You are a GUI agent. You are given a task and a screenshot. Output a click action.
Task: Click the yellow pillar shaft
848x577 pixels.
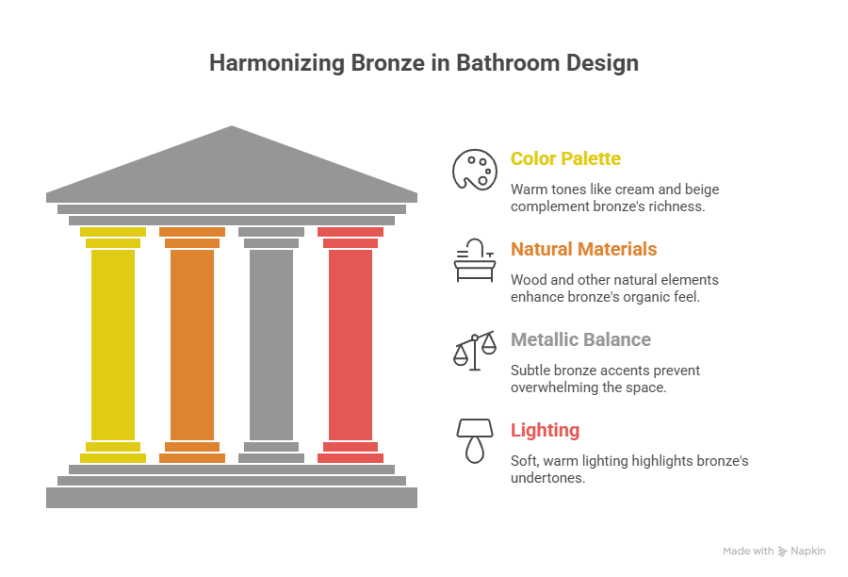[113, 344]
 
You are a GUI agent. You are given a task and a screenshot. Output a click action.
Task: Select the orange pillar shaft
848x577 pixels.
[192, 344]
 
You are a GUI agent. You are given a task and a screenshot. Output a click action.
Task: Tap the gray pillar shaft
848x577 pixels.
[271, 344]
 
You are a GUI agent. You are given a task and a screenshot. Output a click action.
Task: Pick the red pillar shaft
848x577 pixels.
[351, 344]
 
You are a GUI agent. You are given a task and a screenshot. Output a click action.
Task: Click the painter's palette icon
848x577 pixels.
[474, 171]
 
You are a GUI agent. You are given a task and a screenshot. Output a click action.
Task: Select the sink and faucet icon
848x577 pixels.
[474, 260]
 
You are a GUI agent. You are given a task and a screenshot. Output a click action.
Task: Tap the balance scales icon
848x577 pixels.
[474, 351]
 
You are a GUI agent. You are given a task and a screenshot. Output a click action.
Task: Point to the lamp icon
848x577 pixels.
[474, 440]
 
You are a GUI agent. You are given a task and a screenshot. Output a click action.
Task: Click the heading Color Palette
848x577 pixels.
[565, 158]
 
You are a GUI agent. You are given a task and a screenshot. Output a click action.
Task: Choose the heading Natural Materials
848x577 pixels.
[583, 249]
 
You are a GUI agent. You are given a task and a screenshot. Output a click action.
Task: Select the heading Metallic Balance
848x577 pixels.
[580, 339]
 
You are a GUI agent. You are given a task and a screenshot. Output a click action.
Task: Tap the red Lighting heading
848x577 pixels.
[545, 430]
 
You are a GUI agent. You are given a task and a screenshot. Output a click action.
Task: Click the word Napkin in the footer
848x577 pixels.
[808, 551]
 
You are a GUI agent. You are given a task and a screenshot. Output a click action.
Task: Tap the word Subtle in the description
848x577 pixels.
[530, 371]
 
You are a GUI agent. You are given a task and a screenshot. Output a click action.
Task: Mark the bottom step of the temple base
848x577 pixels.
[231, 497]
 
